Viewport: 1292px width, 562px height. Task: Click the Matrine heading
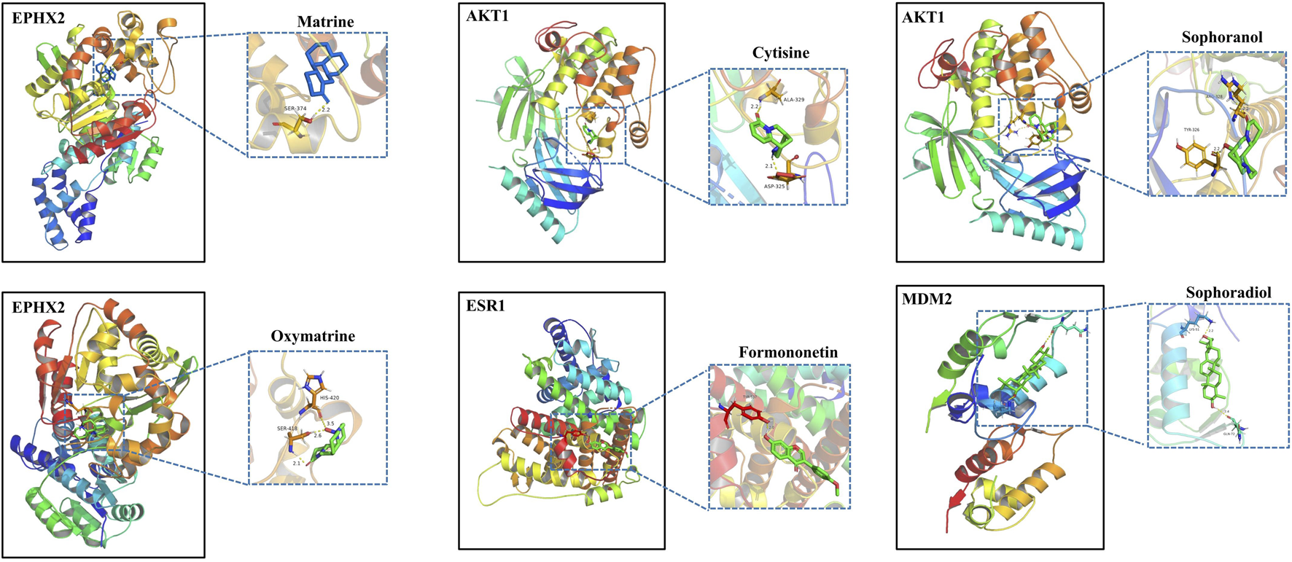tap(325, 22)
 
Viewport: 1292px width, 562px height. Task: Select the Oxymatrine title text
tap(313, 336)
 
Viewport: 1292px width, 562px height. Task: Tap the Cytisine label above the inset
tap(780, 52)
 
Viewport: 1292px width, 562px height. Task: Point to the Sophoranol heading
tap(1221, 36)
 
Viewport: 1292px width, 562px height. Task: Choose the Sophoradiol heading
tap(1228, 292)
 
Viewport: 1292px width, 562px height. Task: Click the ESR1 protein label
tap(486, 306)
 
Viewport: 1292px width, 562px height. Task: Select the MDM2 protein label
tap(926, 299)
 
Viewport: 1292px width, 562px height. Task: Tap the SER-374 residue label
tap(295, 109)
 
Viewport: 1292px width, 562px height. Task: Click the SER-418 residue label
tap(287, 429)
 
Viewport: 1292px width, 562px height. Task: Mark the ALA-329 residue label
tap(794, 99)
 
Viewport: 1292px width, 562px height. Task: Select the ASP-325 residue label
tap(774, 186)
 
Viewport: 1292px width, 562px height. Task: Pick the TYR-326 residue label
tap(1191, 130)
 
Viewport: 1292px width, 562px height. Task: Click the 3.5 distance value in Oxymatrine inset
tap(330, 424)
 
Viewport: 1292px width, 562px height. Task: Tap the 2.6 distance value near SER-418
tap(317, 435)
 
